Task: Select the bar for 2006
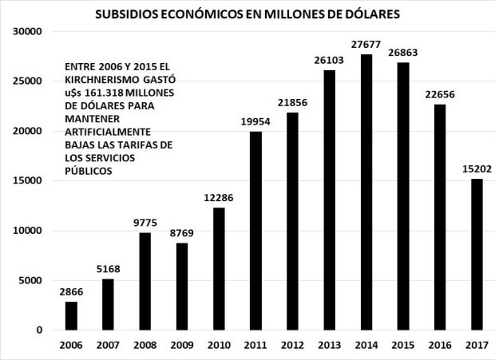coord(71,315)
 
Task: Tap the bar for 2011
coord(256,231)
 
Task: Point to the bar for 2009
coord(182,287)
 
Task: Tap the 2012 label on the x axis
coord(293,345)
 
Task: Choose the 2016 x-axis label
coord(440,345)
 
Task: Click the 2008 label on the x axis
coord(145,345)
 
